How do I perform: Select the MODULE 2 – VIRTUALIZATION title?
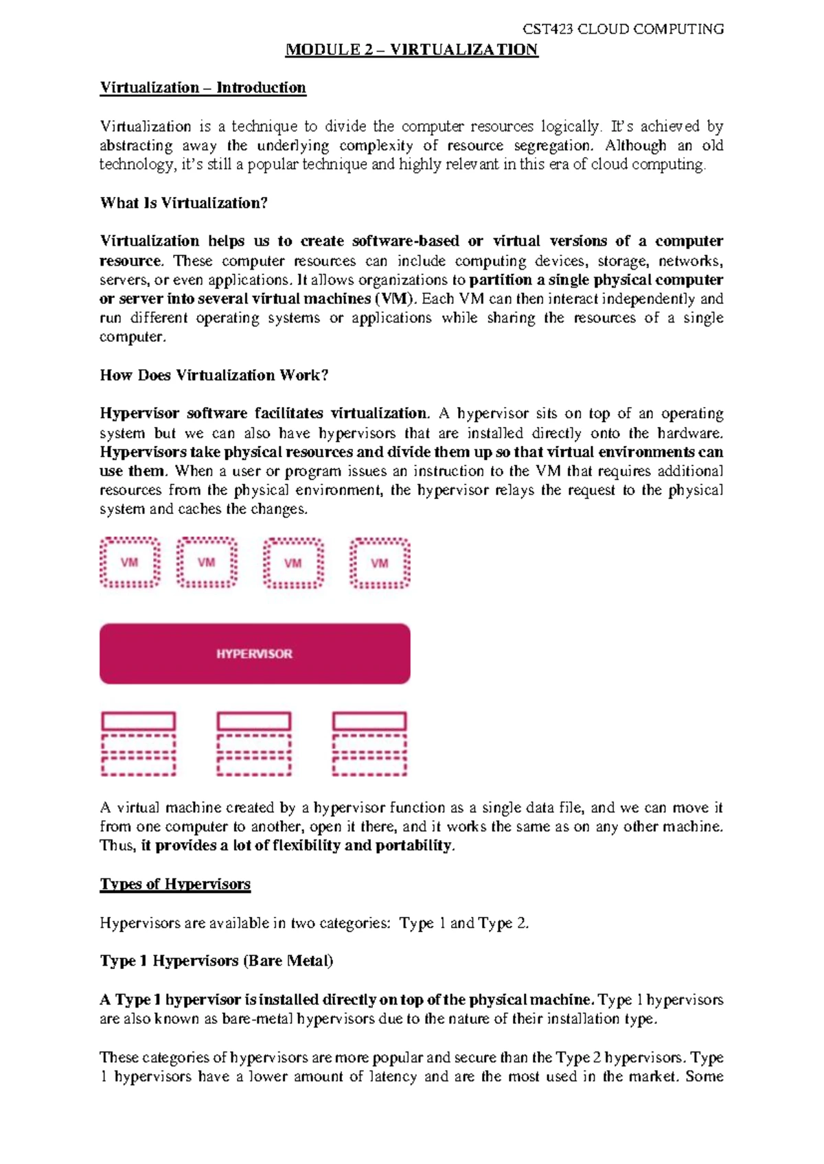(x=411, y=49)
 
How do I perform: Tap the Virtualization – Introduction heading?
(x=203, y=88)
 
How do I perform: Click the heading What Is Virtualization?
(x=183, y=203)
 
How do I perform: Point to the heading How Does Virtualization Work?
(x=214, y=375)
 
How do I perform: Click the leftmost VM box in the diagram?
(x=130, y=563)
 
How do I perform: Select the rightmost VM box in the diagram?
(x=380, y=563)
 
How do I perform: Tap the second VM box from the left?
(x=207, y=563)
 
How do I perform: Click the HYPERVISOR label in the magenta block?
(x=254, y=654)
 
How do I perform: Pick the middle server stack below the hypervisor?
(x=254, y=744)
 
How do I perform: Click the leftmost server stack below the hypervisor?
(x=139, y=744)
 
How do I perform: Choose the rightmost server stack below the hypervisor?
(x=369, y=744)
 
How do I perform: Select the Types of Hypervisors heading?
(x=175, y=884)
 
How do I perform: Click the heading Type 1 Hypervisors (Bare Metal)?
(x=216, y=961)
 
